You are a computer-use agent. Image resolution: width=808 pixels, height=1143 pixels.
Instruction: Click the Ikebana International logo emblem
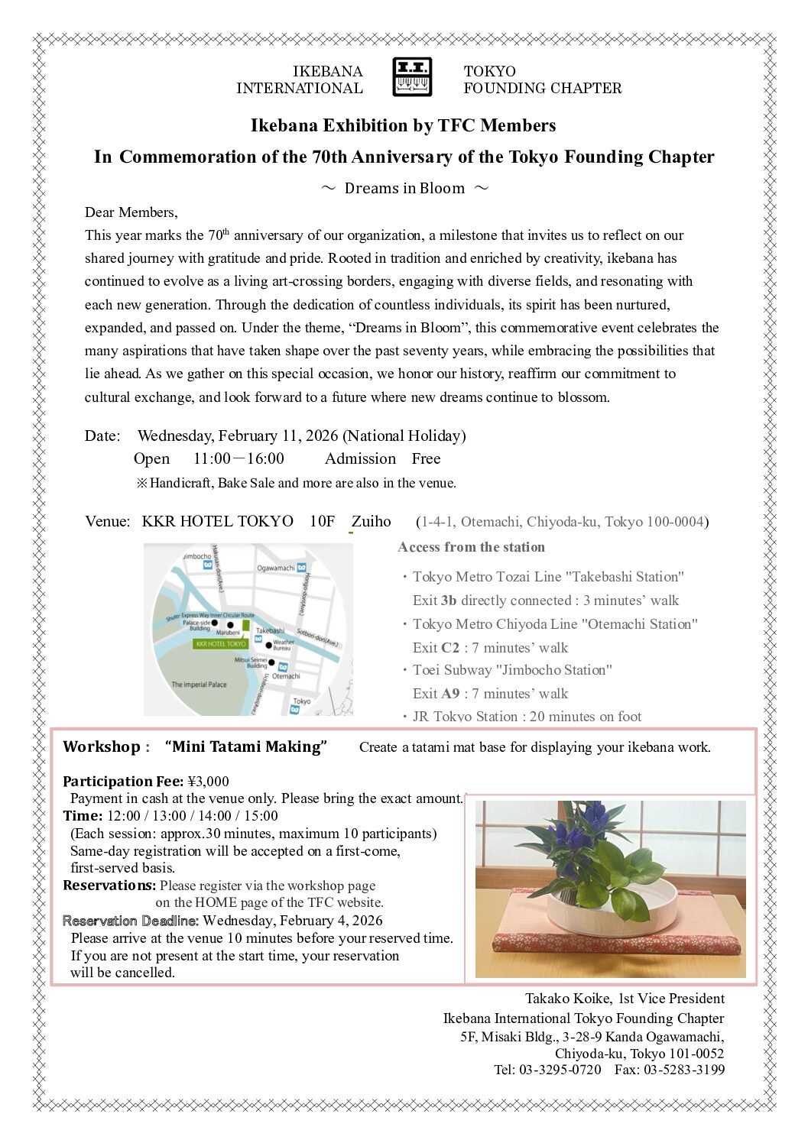412,77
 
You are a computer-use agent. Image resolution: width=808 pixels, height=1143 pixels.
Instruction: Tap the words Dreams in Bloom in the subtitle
404,188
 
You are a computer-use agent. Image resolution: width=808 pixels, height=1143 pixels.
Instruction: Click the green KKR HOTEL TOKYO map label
221,644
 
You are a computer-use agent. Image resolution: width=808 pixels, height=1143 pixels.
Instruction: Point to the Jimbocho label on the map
196,556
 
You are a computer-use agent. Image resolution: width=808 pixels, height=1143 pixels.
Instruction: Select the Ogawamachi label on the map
276,568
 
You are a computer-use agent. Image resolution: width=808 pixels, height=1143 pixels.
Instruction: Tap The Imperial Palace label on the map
199,685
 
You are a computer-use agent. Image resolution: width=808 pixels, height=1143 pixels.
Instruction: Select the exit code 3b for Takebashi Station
449,601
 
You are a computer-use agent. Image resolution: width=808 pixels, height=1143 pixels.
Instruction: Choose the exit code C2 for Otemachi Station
449,648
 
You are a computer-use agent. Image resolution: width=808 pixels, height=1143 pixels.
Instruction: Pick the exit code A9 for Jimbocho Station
450,694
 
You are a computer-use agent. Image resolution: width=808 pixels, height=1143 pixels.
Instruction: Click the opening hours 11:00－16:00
239,458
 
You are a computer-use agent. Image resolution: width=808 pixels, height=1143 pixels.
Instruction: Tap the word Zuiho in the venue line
371,521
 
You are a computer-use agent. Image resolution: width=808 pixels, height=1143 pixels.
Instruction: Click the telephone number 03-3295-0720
560,1070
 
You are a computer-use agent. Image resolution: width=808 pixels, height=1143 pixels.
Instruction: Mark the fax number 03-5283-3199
684,1070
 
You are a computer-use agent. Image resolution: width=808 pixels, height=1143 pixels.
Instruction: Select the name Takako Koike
568,998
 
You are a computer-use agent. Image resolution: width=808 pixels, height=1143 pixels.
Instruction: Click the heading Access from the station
471,547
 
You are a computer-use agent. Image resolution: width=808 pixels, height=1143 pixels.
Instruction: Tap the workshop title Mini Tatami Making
246,746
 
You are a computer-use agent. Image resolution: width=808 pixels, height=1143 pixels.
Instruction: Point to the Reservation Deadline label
131,921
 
